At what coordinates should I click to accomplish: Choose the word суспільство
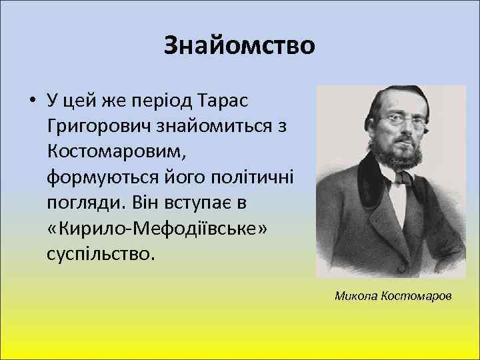pyautogui.click(x=101, y=253)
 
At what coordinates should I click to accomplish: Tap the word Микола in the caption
pyautogui.click(x=358, y=294)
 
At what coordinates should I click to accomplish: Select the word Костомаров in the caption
pyautogui.click(x=419, y=294)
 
